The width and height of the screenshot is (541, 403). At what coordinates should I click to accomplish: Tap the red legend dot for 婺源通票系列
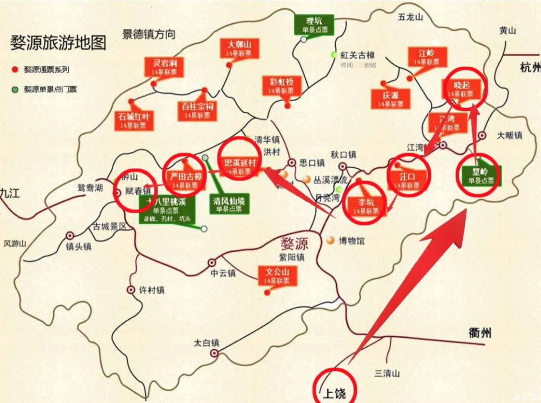[15, 70]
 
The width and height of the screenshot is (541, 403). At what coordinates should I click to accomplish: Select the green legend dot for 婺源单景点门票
[15, 89]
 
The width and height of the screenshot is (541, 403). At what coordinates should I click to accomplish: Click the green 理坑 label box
[314, 25]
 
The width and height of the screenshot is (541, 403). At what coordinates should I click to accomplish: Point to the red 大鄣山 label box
[239, 48]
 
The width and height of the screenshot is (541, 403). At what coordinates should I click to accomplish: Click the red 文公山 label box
[277, 276]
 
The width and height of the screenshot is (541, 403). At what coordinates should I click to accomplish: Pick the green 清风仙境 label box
[229, 204]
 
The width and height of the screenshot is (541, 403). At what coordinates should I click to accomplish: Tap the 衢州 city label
[480, 333]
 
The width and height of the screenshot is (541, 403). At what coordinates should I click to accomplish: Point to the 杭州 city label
[530, 67]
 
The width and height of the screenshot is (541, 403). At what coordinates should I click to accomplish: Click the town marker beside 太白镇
[214, 353]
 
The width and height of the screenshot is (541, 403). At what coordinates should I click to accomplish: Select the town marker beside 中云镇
[212, 263]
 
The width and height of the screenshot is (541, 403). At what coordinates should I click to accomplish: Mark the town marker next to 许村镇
[132, 290]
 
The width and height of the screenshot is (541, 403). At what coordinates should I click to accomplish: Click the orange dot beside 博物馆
[330, 240]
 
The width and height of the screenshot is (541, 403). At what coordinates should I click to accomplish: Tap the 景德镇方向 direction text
[149, 34]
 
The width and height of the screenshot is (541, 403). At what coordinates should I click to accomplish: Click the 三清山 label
[387, 373]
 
